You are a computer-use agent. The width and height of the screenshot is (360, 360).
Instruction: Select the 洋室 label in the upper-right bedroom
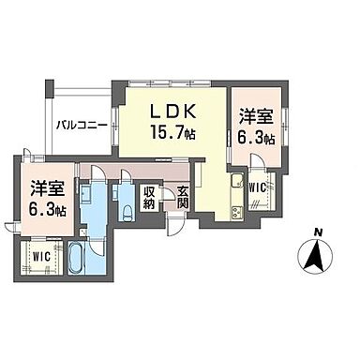coord(253,118)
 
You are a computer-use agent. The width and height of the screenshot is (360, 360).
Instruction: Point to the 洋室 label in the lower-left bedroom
coord(43,187)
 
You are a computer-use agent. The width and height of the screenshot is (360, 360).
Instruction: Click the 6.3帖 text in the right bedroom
coord(254,138)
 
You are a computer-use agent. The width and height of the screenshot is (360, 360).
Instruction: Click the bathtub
coord(78,257)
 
